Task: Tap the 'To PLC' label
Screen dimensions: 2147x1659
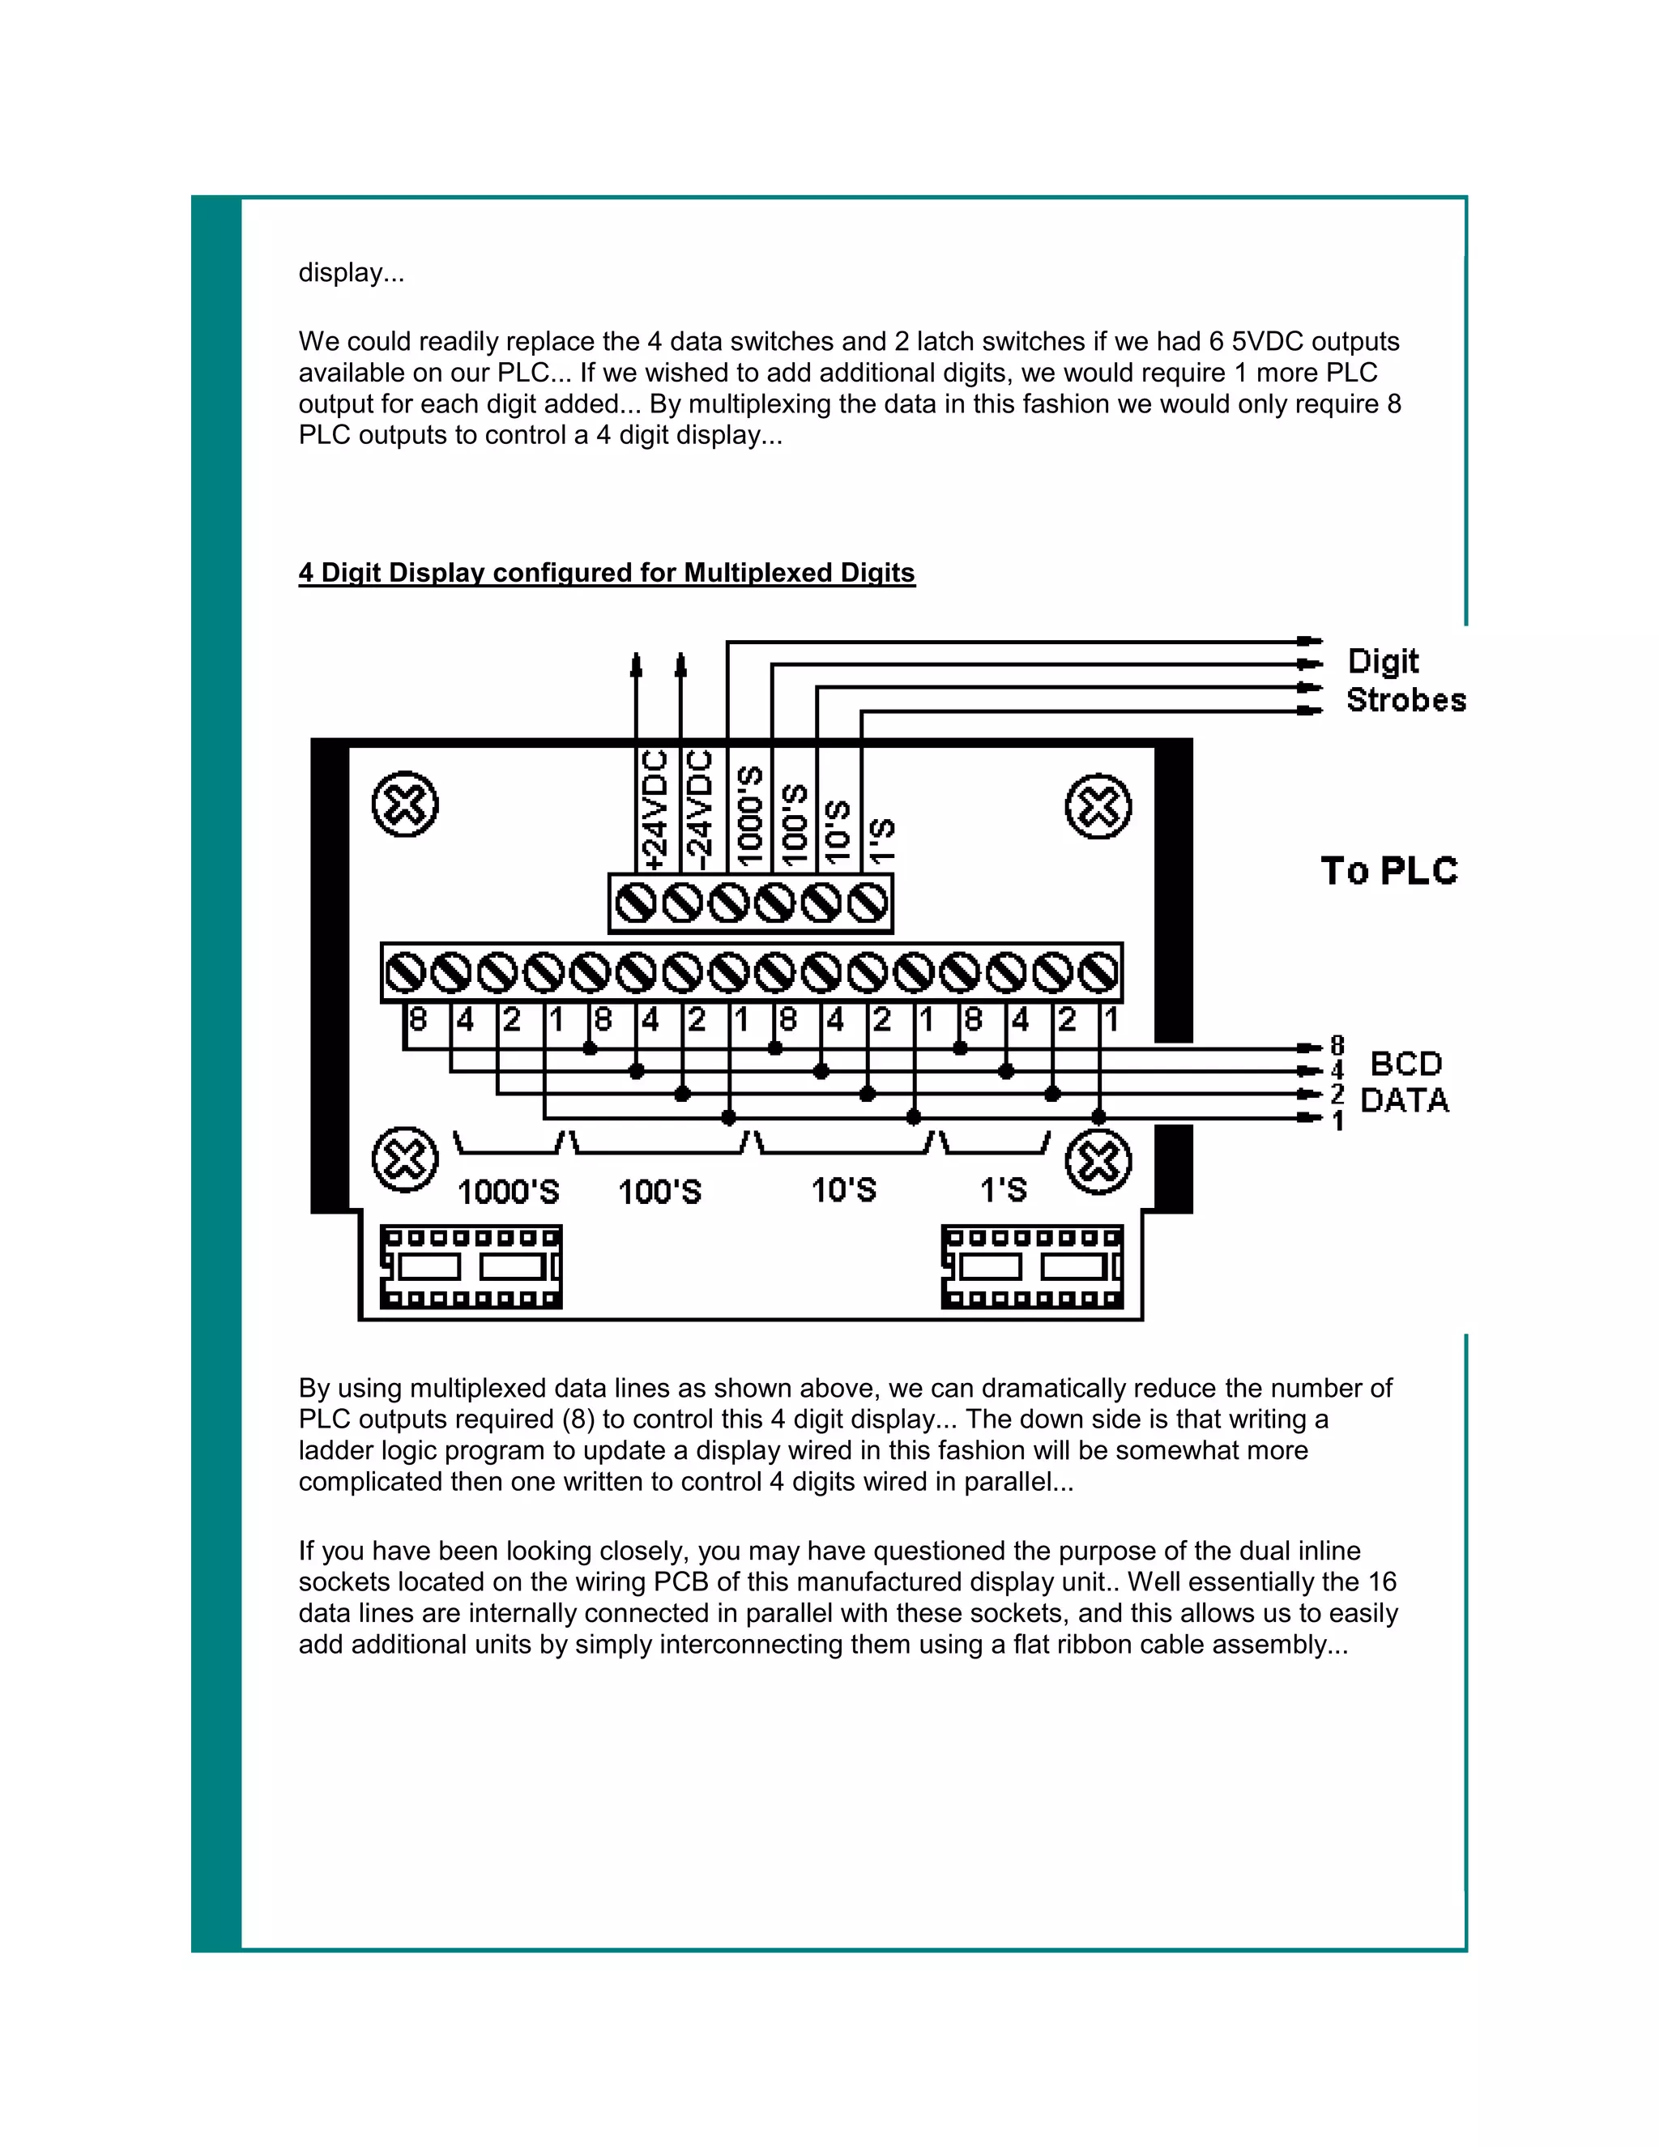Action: pyautogui.click(x=1388, y=871)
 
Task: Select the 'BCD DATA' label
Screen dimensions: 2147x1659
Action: pyautogui.click(x=1405, y=1082)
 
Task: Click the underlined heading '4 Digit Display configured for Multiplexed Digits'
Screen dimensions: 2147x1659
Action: pyautogui.click(x=607, y=572)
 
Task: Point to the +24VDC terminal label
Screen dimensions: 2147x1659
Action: pyautogui.click(x=654, y=810)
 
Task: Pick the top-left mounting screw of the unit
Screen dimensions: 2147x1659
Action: pyautogui.click(x=405, y=805)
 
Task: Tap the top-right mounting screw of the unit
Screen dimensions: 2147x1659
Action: pyautogui.click(x=1098, y=806)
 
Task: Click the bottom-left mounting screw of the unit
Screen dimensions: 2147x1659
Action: pyautogui.click(x=405, y=1160)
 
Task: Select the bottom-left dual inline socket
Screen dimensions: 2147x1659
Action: pyautogui.click(x=471, y=1266)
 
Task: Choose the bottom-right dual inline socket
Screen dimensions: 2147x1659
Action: pyautogui.click(x=1032, y=1266)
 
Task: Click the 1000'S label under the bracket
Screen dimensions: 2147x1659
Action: pyautogui.click(x=508, y=1192)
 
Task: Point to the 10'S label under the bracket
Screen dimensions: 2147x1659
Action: pyautogui.click(x=843, y=1190)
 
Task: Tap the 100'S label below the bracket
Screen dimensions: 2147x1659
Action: pyautogui.click(x=659, y=1192)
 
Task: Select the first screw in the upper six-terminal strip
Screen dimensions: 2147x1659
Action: pyautogui.click(x=636, y=903)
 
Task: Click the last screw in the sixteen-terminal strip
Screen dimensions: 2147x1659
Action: pyautogui.click(x=1098, y=973)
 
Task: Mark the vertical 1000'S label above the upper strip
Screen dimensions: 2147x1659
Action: pyautogui.click(x=750, y=816)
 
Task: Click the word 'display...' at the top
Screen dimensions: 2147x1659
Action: pyautogui.click(x=351, y=272)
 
